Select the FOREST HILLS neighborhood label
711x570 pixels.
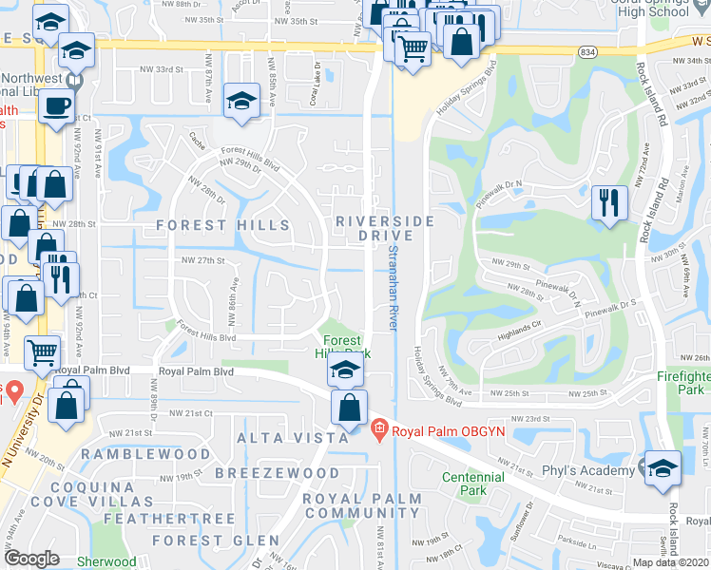pyautogui.click(x=223, y=225)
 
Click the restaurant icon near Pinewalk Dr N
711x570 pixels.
pyautogui.click(x=607, y=201)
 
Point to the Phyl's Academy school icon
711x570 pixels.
pyautogui.click(x=663, y=466)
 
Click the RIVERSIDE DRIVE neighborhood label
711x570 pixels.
pyautogui.click(x=385, y=228)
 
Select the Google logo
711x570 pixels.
pyautogui.click(x=31, y=559)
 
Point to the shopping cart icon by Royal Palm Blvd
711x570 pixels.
pyautogui.click(x=43, y=352)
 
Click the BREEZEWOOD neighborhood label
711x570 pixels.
pyautogui.click(x=277, y=472)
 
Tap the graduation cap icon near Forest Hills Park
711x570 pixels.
pyautogui.click(x=345, y=370)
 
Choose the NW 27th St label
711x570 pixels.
pyautogui.click(x=202, y=259)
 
